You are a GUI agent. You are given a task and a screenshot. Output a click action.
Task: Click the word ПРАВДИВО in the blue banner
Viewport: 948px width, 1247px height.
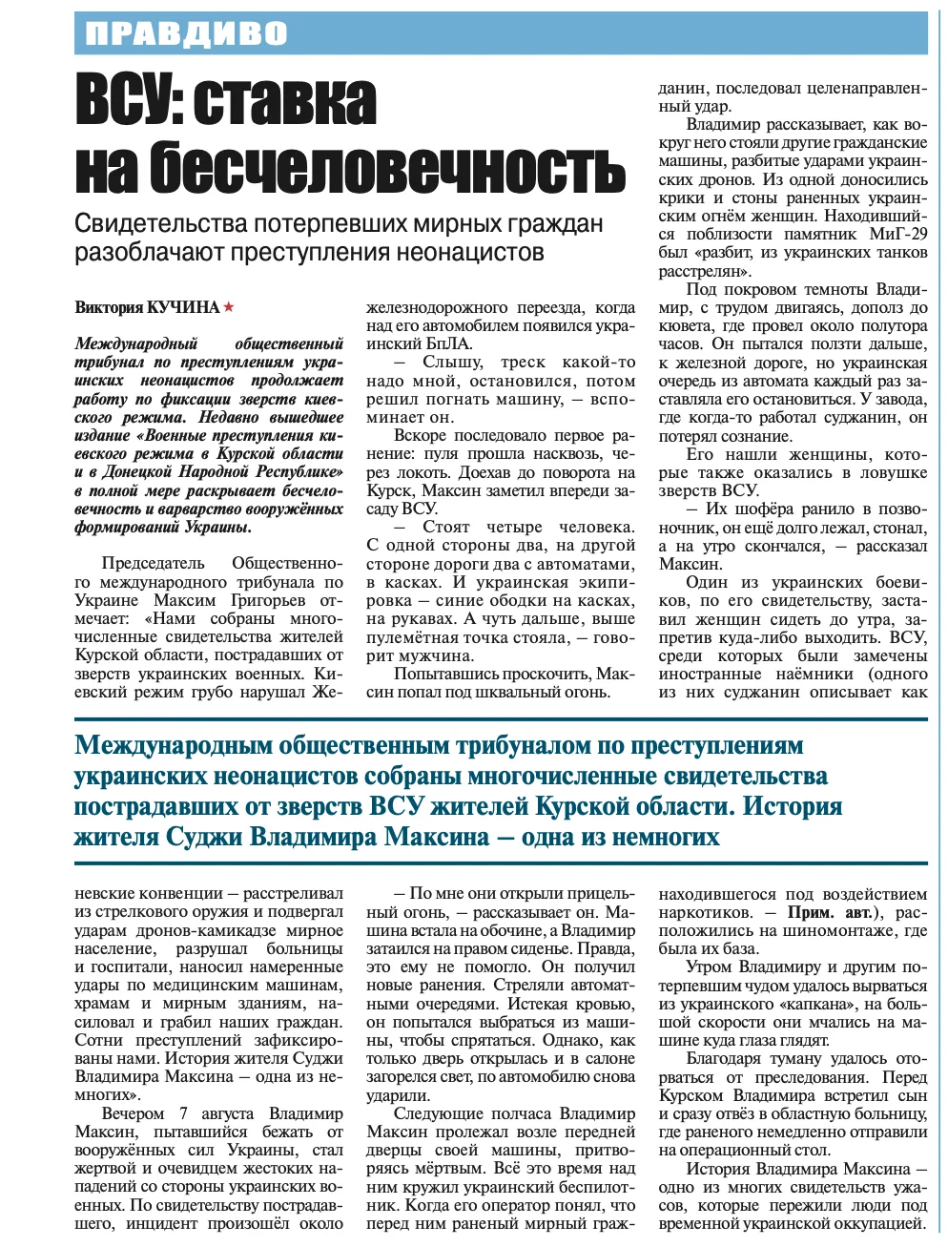[x=186, y=34]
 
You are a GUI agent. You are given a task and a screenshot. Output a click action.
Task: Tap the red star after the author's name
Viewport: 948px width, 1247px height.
[x=229, y=307]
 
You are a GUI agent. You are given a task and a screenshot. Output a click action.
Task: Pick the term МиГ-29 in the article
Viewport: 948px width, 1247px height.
[x=898, y=234]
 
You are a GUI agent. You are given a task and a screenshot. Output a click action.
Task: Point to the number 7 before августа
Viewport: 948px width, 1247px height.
[x=183, y=1113]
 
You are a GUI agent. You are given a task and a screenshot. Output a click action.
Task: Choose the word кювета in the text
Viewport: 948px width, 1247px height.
[x=683, y=325]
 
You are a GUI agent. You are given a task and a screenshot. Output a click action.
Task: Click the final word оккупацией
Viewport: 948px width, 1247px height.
[x=876, y=1223]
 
